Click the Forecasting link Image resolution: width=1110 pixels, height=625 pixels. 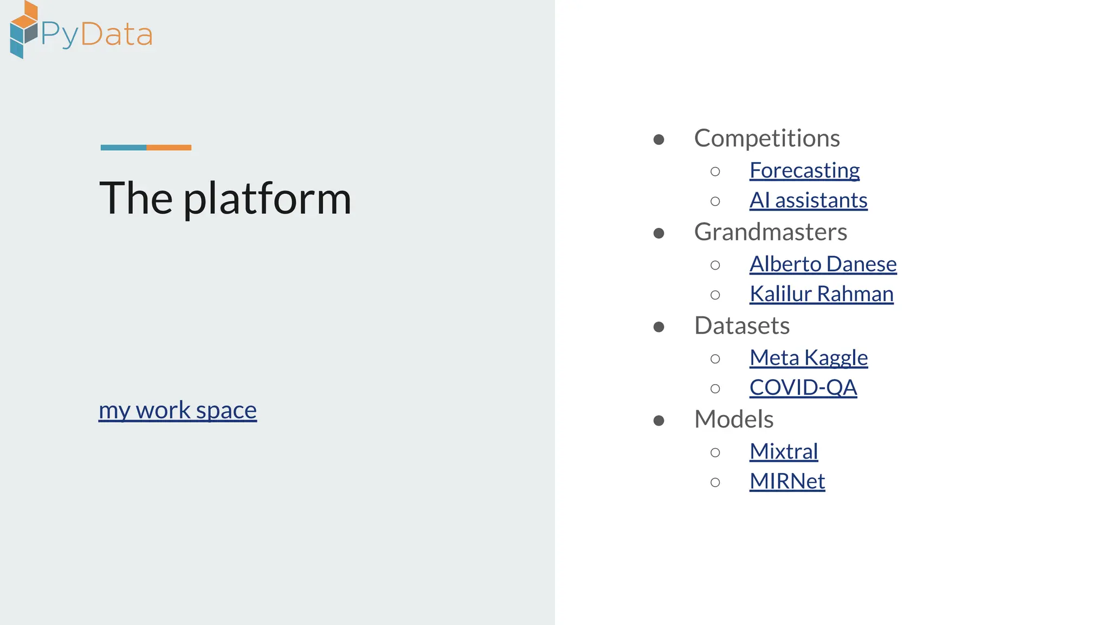tap(804, 170)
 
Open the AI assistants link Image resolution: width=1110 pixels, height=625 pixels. tap(808, 200)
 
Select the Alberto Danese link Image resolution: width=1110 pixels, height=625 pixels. tap(823, 264)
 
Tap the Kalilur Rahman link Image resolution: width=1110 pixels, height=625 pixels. tap(821, 294)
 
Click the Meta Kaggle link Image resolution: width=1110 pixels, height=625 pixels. tap(809, 358)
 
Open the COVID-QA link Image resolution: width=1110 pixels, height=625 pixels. tap(803, 387)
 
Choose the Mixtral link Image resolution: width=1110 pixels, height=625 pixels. tap(784, 451)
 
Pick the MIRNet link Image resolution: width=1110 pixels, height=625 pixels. tap(787, 481)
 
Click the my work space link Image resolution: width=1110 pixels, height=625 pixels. tap(178, 410)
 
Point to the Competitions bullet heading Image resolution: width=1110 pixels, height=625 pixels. tap(767, 138)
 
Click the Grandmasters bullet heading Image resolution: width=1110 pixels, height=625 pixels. tap(770, 232)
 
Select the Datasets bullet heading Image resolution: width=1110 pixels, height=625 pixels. tap(741, 326)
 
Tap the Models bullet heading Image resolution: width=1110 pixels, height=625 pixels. tap(734, 419)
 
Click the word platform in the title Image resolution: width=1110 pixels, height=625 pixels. tap(267, 199)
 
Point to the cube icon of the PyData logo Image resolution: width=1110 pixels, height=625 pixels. tap(23, 30)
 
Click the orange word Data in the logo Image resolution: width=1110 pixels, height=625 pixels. tap(117, 35)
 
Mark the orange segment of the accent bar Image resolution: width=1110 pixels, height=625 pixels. tap(169, 148)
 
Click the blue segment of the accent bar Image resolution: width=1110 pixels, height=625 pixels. tap(124, 148)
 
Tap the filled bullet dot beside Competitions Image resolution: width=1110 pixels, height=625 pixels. tap(659, 139)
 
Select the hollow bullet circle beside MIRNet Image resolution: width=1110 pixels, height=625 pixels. tap(715, 482)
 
